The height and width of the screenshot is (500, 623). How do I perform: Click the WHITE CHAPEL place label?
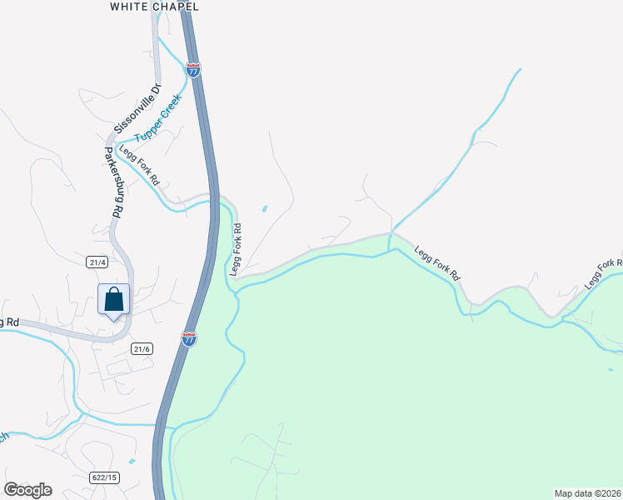coord(155,7)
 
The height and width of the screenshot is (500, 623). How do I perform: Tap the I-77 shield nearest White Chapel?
coord(193,70)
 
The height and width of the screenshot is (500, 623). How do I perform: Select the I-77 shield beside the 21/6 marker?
coord(188,338)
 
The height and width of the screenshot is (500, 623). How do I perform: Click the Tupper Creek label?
coord(159,117)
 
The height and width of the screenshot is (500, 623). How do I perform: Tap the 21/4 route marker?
coord(97,262)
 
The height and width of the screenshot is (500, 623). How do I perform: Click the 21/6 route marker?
coord(142,349)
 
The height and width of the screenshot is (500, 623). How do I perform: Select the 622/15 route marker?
coord(105,477)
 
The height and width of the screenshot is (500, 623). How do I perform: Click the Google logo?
coord(27,490)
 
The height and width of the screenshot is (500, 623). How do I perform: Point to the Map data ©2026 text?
coord(588,492)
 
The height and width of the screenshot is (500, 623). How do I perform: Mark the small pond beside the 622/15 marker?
coord(132,461)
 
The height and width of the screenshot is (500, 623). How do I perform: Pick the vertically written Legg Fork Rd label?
coord(236,249)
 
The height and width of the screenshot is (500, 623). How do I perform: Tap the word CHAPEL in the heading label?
coord(177,7)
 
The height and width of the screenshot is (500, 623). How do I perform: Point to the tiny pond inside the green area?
coord(611,369)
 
